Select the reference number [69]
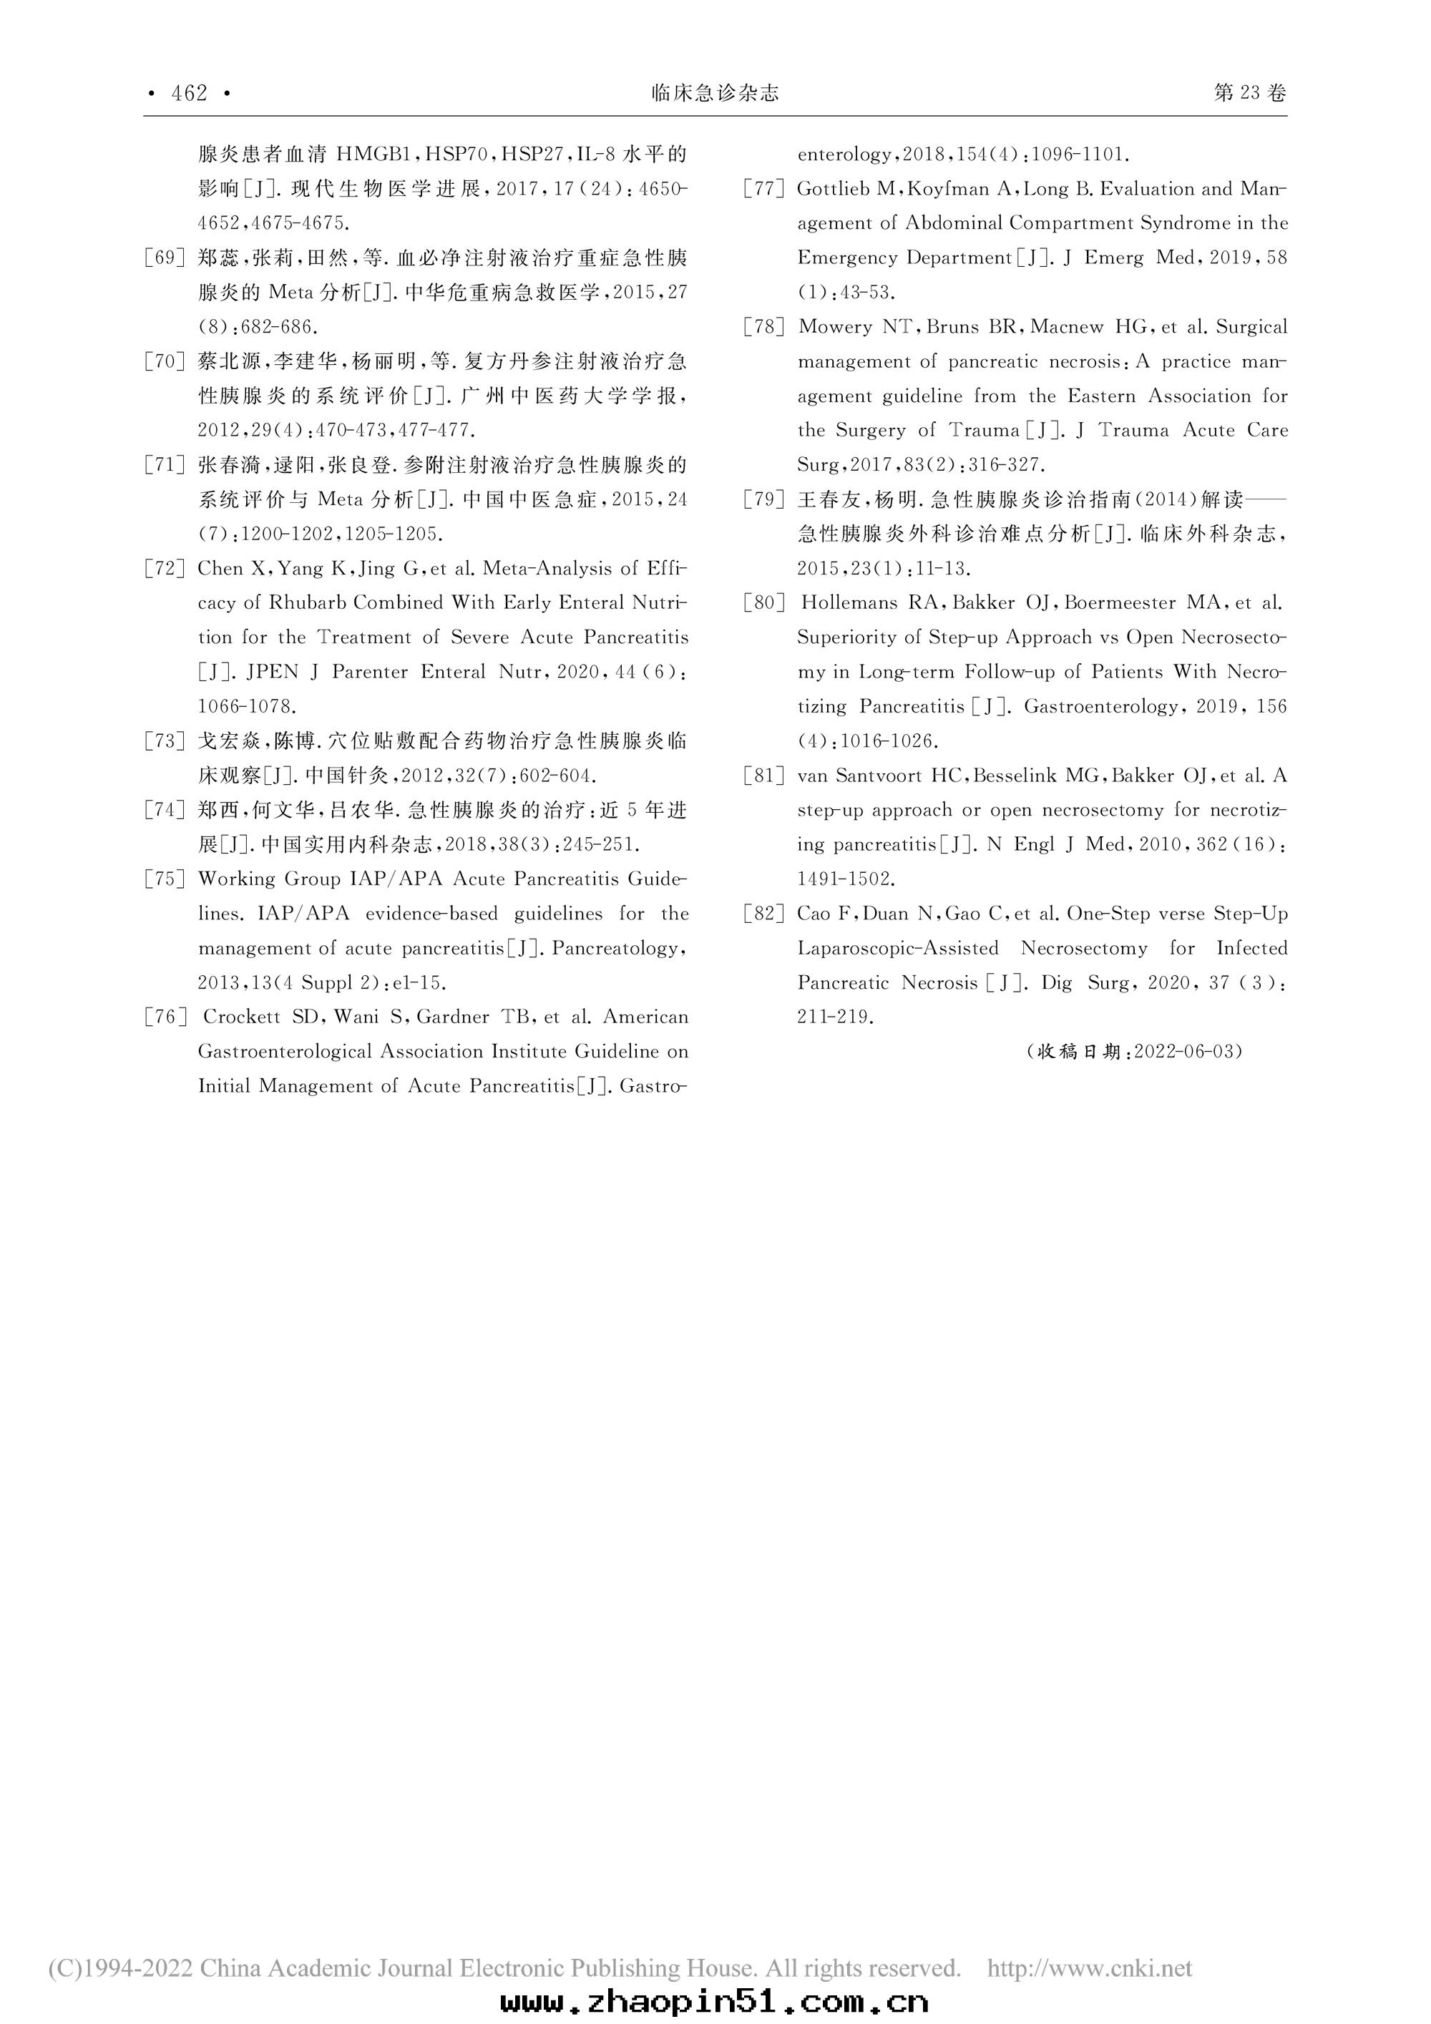[165, 258]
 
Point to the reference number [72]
[165, 569]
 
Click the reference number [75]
[165, 879]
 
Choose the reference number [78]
[764, 327]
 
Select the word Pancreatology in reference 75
[617, 949]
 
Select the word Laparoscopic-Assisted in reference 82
[897, 949]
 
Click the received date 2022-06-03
[1187, 1052]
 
